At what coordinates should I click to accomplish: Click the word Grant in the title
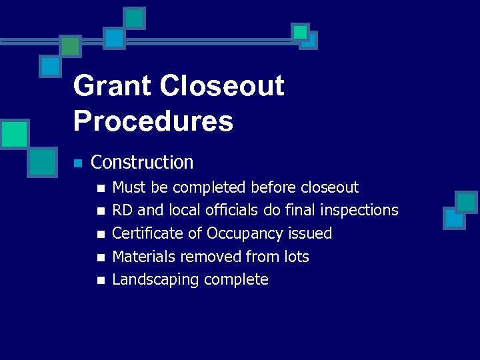113,87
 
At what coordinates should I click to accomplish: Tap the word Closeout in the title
222,87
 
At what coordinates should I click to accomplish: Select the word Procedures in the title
153,121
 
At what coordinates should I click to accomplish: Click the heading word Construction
142,163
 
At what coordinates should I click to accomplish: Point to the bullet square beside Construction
78,163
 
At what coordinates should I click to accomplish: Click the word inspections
359,211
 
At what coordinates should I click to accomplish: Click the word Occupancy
245,234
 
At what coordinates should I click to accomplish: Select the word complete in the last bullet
237,280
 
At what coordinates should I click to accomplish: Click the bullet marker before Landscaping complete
101,281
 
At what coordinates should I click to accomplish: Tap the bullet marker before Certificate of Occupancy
101,235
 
